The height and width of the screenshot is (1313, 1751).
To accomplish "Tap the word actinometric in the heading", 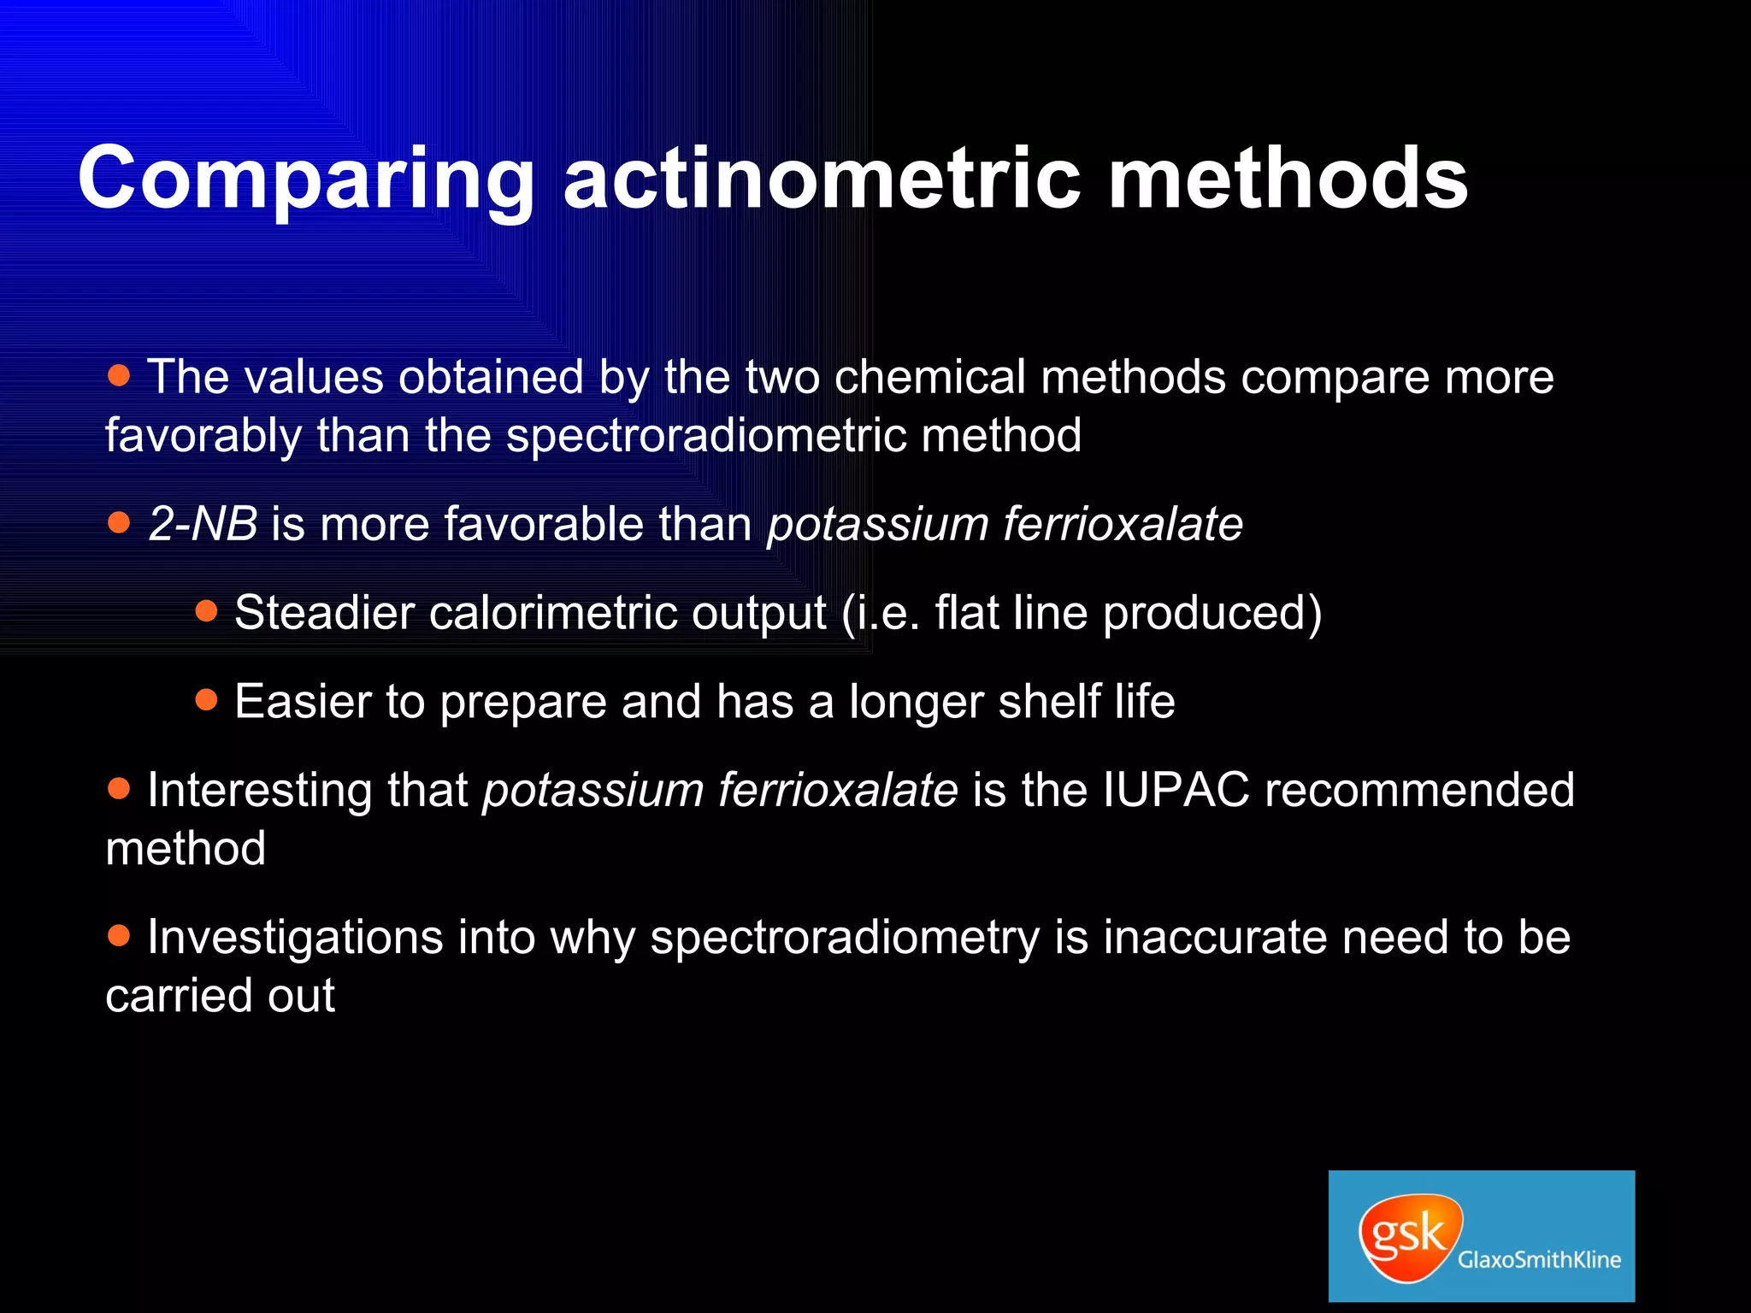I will coord(822,180).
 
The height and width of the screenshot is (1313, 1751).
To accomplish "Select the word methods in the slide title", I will coord(1288,180).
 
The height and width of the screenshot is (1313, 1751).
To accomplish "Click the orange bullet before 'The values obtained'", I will coord(120,374).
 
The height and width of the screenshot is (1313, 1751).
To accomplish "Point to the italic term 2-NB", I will coord(203,524).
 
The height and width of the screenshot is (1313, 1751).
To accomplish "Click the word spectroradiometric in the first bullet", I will coord(706,436).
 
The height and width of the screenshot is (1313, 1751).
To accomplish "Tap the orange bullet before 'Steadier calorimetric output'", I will coord(207,610).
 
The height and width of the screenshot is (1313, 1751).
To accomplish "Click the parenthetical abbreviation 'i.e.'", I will coord(889,613).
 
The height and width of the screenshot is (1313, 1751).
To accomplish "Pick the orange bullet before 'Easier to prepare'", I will coord(207,700).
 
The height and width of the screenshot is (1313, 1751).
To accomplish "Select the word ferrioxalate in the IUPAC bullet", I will coord(838,790).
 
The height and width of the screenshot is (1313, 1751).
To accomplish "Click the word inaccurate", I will coord(1214,938).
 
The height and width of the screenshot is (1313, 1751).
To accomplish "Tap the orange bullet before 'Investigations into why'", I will coord(120,935).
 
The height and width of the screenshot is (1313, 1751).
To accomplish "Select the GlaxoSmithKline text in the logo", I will coord(1539,1259).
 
